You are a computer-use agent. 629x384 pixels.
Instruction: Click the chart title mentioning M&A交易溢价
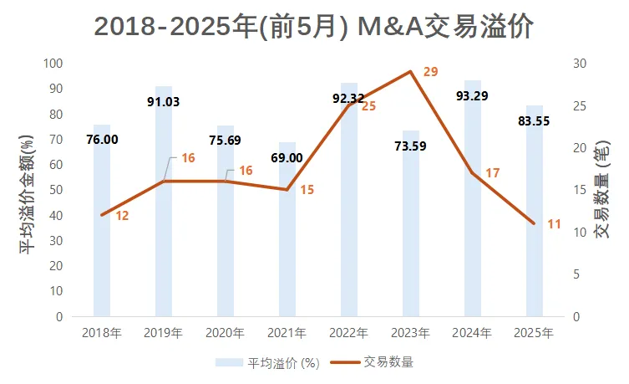(313, 27)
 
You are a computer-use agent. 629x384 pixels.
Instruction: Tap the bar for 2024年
(473, 209)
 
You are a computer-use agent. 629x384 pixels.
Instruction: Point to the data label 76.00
(102, 140)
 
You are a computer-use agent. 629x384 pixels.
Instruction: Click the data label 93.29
(473, 95)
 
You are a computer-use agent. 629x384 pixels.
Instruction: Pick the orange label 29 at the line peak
(430, 72)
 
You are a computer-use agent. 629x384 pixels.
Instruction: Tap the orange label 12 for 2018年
(122, 216)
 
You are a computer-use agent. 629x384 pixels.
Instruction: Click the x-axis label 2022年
(349, 333)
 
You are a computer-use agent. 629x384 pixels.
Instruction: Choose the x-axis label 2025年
(535, 333)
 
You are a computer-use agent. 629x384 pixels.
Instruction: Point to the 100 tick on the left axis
(54, 64)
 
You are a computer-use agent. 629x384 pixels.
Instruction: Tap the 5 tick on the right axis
(576, 274)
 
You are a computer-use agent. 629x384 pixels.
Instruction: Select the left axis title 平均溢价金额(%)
(28, 191)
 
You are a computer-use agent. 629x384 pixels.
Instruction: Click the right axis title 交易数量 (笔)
(602, 191)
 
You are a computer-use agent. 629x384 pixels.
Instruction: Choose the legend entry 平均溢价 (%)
(269, 362)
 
